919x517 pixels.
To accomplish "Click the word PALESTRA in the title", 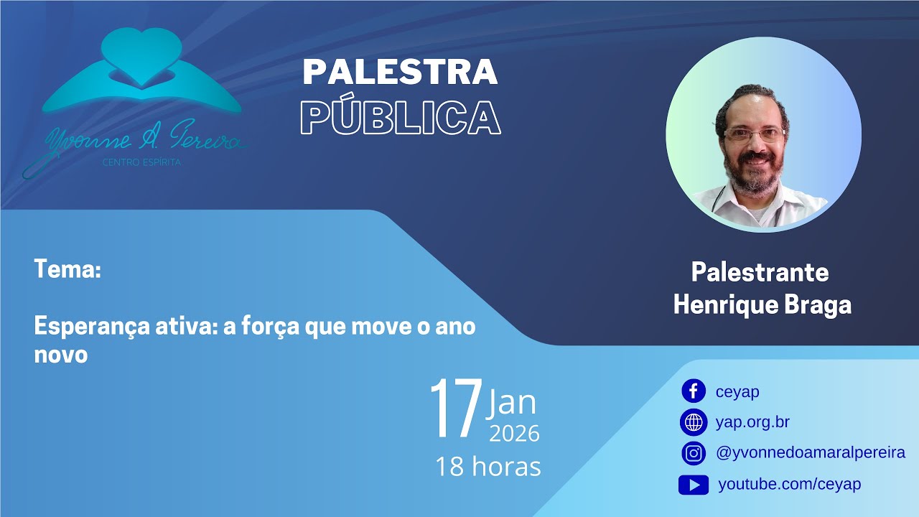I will click(x=400, y=72).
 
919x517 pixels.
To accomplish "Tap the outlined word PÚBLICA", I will click(x=400, y=117).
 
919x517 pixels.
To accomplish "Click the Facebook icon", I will click(x=693, y=391).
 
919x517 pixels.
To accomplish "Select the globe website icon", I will click(x=693, y=422).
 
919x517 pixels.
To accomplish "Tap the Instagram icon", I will click(x=693, y=453).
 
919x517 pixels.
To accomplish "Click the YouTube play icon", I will click(x=693, y=485).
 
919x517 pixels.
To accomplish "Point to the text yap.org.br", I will click(x=752, y=422).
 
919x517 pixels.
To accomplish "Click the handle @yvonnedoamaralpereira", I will click(x=811, y=453).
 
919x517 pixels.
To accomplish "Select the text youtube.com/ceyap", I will click(x=790, y=485).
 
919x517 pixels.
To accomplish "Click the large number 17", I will click(x=455, y=409).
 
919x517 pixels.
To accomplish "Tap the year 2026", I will click(x=514, y=434).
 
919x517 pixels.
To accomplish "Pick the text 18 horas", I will click(x=488, y=467).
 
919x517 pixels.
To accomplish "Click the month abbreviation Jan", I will click(x=512, y=403).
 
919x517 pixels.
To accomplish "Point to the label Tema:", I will click(x=67, y=271).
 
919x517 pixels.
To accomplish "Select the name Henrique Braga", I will click(x=762, y=304).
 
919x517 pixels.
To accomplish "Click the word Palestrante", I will click(x=760, y=273).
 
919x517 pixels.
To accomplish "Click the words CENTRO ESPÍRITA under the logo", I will click(x=142, y=164).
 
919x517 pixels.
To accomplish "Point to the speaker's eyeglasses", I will click(x=754, y=134).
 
